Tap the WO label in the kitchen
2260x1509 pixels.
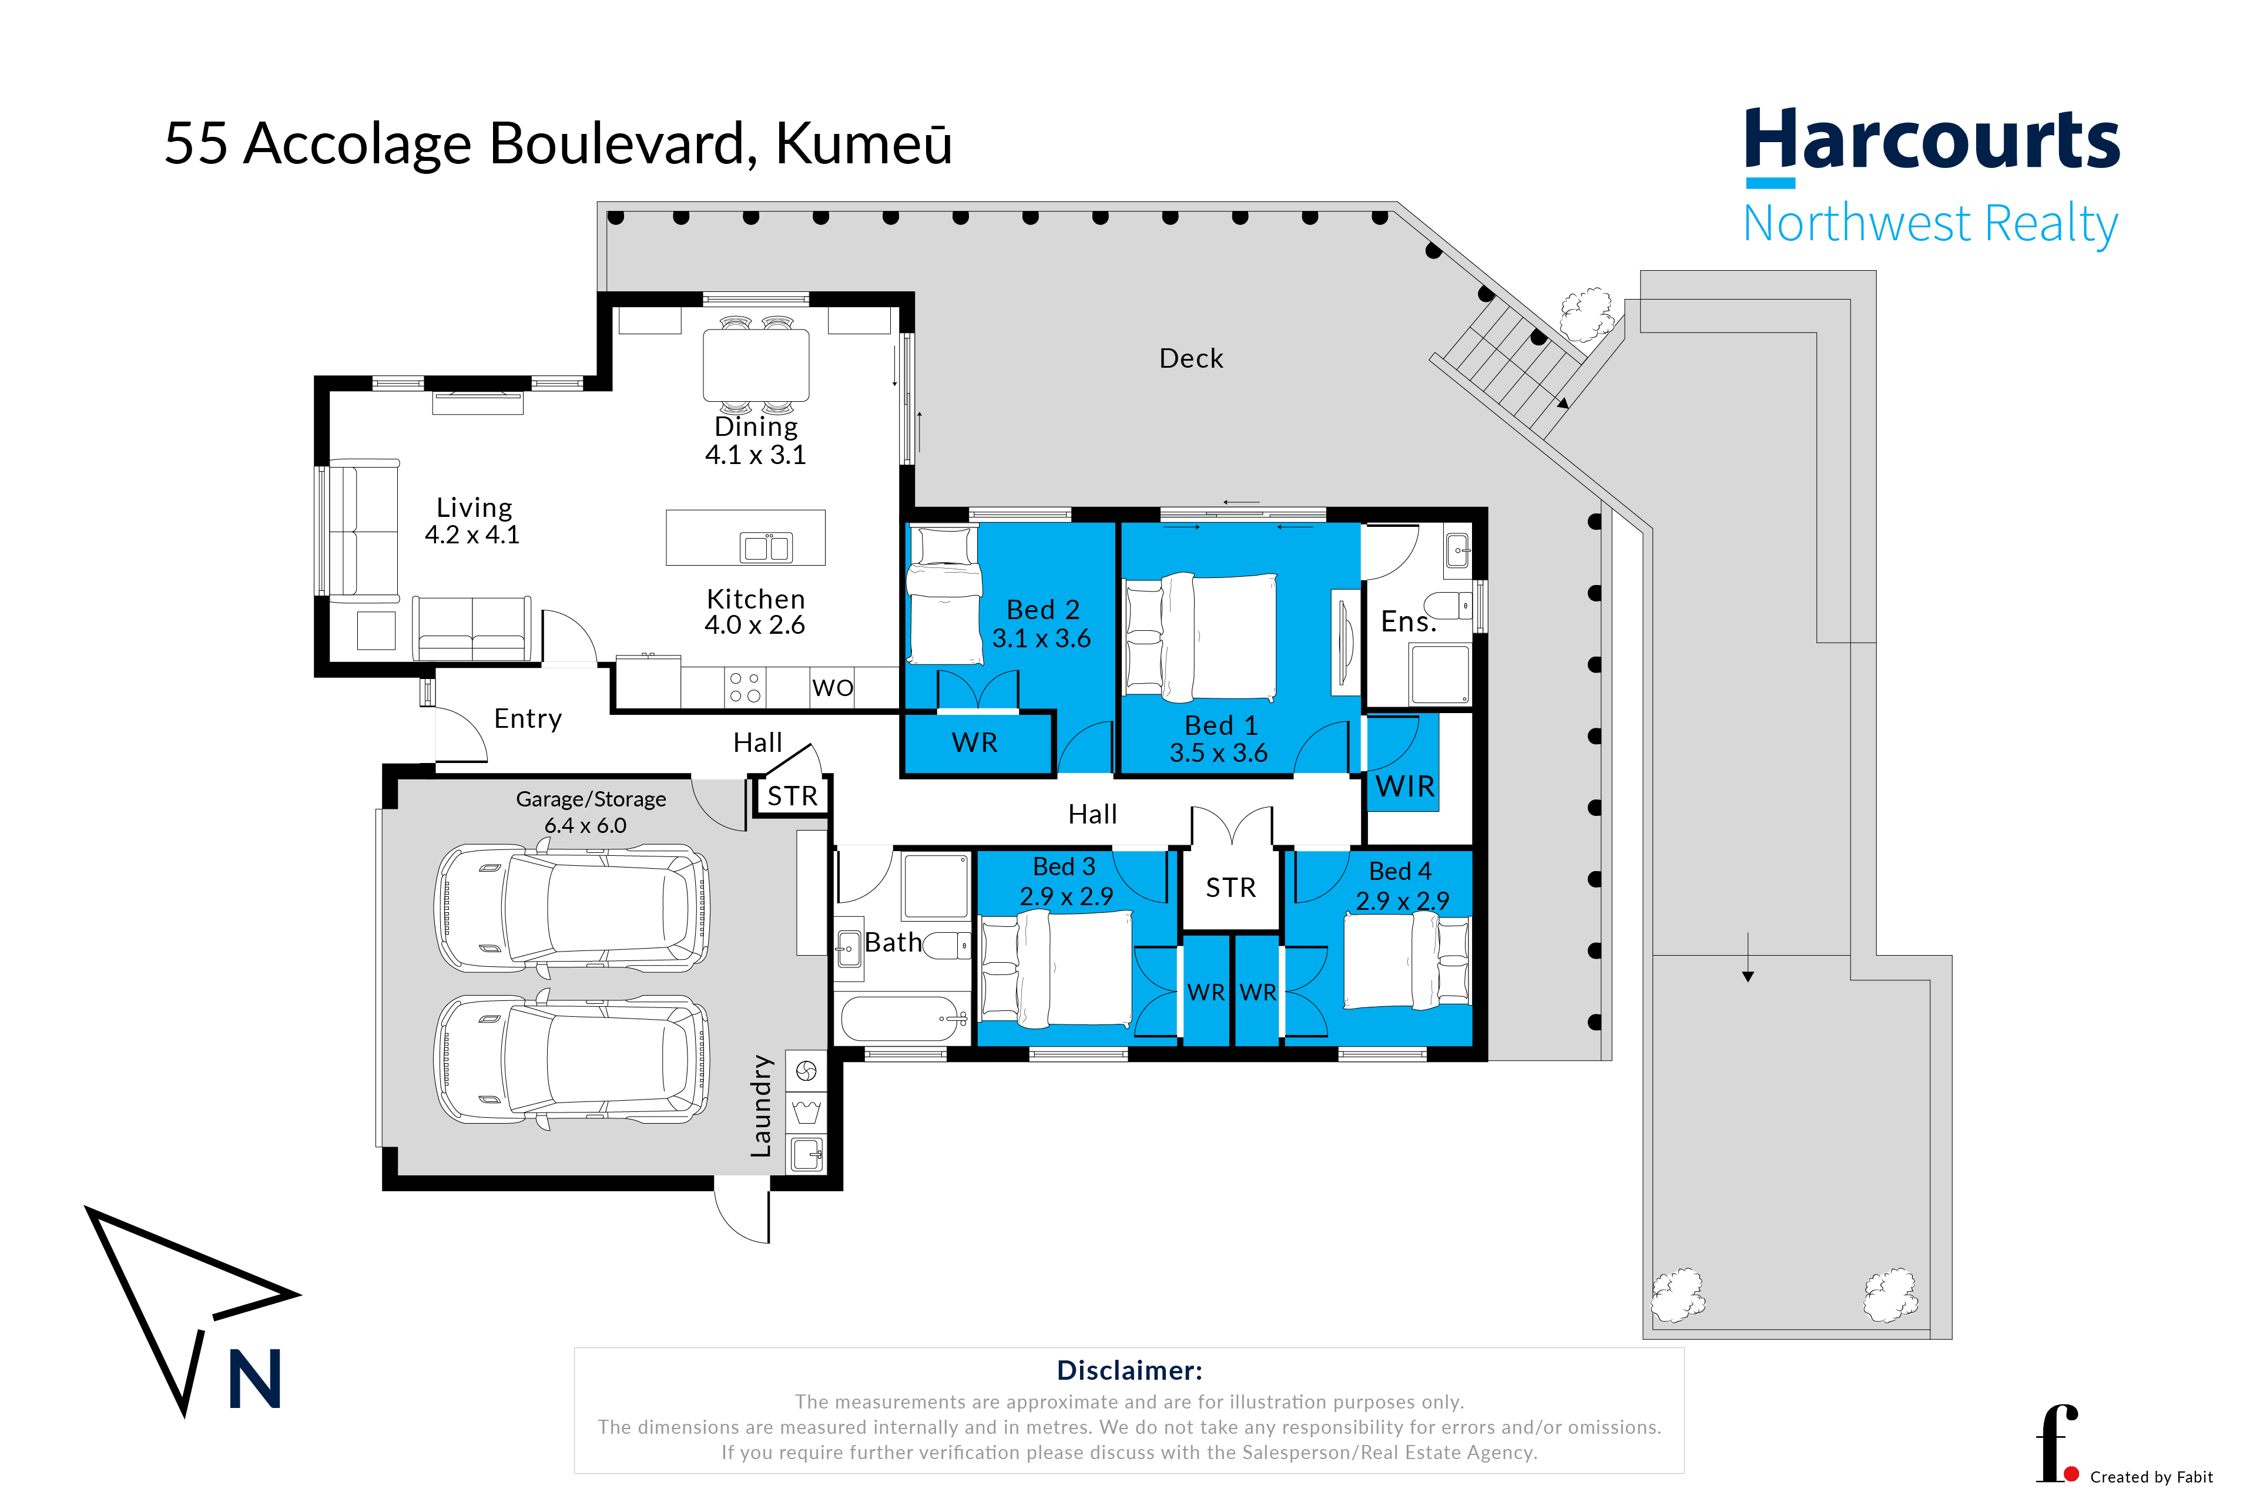(x=833, y=687)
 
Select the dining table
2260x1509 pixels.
(x=756, y=365)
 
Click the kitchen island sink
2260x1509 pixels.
(x=766, y=547)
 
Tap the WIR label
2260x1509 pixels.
(x=1404, y=787)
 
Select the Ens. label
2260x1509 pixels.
(x=1408, y=621)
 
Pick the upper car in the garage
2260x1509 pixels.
(x=573, y=906)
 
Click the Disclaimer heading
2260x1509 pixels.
(x=1129, y=1370)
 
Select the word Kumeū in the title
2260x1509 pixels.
(x=863, y=144)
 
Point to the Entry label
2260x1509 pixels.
(x=528, y=719)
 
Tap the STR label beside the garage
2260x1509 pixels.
(x=792, y=796)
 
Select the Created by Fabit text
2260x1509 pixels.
(x=2151, y=1477)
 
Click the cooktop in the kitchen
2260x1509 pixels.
(x=745, y=687)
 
